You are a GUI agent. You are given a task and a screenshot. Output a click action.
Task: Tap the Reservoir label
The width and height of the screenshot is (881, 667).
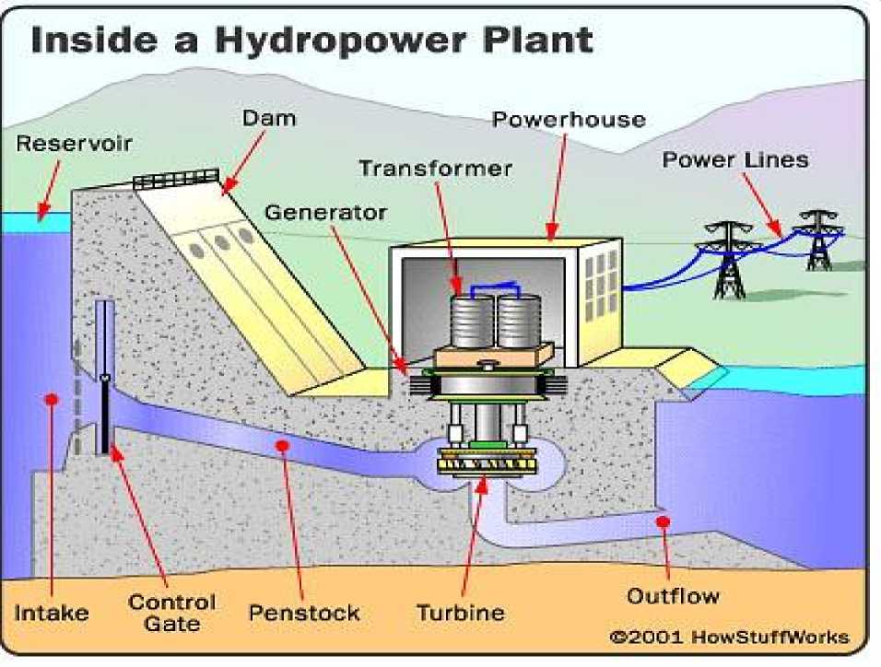coord(75,144)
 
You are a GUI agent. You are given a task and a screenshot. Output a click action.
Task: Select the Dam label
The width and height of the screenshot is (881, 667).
coord(263,119)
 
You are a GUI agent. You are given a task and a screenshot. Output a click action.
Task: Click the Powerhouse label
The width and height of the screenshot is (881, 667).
coord(569,120)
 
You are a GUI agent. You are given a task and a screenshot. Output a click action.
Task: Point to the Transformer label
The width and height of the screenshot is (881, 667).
coord(435,169)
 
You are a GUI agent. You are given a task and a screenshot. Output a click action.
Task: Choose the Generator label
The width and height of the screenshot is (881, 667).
coord(326,213)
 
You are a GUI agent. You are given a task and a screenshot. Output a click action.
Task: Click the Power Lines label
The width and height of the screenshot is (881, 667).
coord(735,160)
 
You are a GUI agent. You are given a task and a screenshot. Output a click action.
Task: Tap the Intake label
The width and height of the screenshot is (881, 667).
coord(52,613)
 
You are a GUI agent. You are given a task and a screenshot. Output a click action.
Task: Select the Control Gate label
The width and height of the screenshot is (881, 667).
coord(172,613)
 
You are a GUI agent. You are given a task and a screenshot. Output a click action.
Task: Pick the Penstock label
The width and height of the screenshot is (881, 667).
coord(304,613)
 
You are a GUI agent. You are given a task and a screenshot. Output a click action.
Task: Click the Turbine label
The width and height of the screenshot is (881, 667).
coord(461,613)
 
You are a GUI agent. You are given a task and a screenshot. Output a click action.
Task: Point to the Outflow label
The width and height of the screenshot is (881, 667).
coord(673,596)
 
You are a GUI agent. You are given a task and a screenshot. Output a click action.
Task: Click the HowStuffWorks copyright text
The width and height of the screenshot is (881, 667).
coord(729,638)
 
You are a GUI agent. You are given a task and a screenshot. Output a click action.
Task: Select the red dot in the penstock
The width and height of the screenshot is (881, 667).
coord(282,446)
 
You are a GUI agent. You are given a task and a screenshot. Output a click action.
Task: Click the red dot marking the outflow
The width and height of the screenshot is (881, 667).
coord(662,523)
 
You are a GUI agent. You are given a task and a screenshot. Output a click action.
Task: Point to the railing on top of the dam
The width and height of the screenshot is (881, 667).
coord(177,179)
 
